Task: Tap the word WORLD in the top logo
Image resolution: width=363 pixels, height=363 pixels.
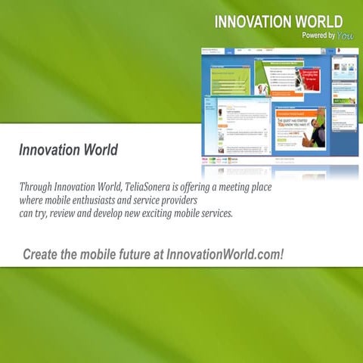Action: (x=318, y=22)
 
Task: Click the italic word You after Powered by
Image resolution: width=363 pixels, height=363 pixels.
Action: (x=346, y=36)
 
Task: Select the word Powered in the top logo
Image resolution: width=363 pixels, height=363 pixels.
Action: (x=314, y=36)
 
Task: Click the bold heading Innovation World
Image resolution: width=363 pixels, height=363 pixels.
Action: (x=68, y=150)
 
